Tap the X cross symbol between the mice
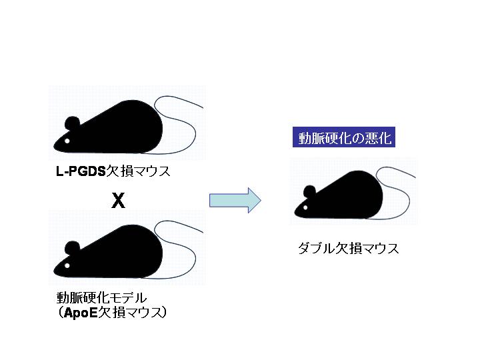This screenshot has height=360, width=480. coord(118,201)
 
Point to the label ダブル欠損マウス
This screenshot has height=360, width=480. coord(348,249)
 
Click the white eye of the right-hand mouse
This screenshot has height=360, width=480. coord(305,208)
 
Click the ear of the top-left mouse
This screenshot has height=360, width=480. coord(72,123)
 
